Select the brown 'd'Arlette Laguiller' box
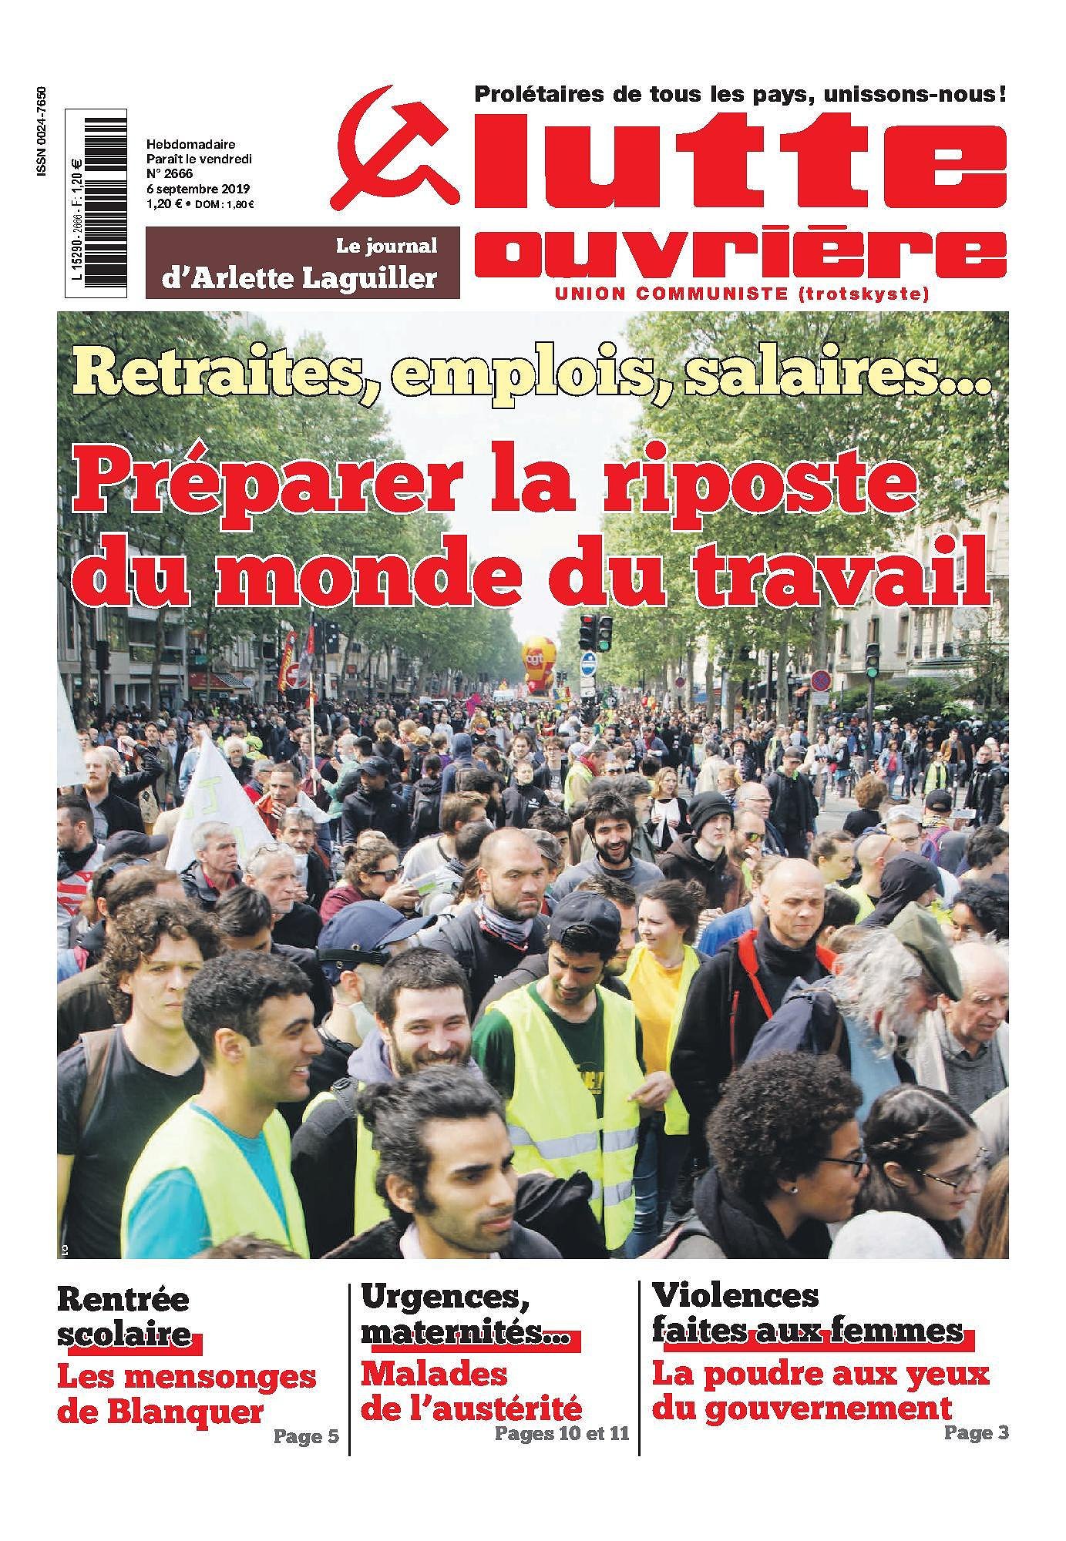tap(302, 262)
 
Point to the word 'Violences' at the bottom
tap(735, 1295)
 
